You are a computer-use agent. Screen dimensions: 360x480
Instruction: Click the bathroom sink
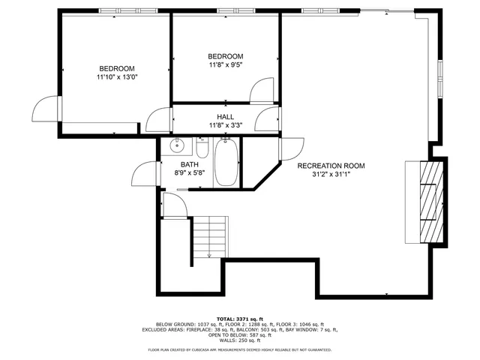pyautogui.click(x=176, y=145)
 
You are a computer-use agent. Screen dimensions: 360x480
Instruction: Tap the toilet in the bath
pyautogui.click(x=201, y=145)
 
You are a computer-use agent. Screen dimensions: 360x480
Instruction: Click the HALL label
pyautogui.click(x=226, y=118)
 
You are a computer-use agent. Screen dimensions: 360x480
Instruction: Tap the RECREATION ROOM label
pyautogui.click(x=331, y=166)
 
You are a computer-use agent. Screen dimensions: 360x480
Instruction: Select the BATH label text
pyautogui.click(x=189, y=164)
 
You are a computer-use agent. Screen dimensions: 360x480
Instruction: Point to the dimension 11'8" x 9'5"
pyautogui.click(x=226, y=65)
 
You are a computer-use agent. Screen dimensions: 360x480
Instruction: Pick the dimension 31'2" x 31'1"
pyautogui.click(x=331, y=175)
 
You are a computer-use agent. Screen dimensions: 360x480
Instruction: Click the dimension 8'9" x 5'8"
pyautogui.click(x=189, y=172)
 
